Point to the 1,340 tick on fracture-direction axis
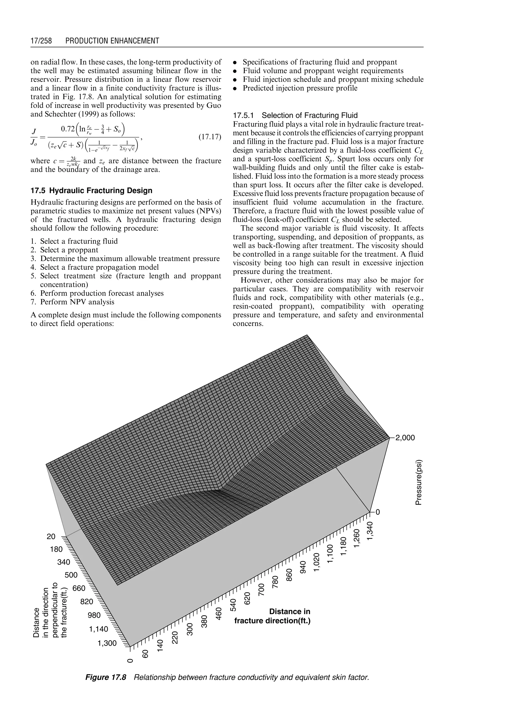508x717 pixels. (371, 530)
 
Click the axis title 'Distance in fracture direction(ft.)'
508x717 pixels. (272, 616)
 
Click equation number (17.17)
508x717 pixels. (210, 137)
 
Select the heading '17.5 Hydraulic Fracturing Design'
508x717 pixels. (91, 191)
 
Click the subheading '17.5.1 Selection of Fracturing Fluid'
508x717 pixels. (295, 115)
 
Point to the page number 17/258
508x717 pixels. (41, 41)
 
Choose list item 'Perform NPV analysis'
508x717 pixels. (77, 302)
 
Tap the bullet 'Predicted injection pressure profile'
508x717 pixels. (300, 88)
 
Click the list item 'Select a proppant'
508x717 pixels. (69, 250)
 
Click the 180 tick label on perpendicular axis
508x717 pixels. (56, 549)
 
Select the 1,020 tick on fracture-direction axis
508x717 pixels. (317, 562)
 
